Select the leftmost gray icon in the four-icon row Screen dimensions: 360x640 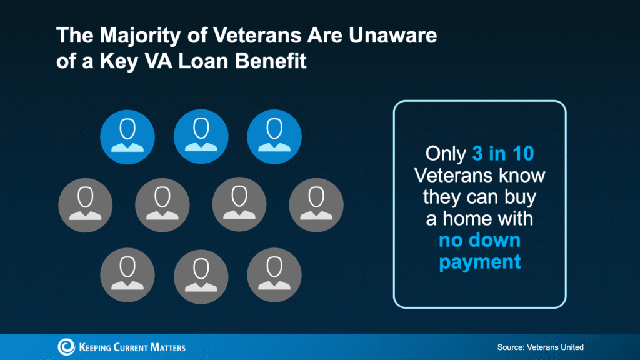[x=85, y=204]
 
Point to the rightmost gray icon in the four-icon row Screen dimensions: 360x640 [x=316, y=204]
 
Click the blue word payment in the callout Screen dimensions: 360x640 [x=479, y=262]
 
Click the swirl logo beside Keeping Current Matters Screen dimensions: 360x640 [x=66, y=347]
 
